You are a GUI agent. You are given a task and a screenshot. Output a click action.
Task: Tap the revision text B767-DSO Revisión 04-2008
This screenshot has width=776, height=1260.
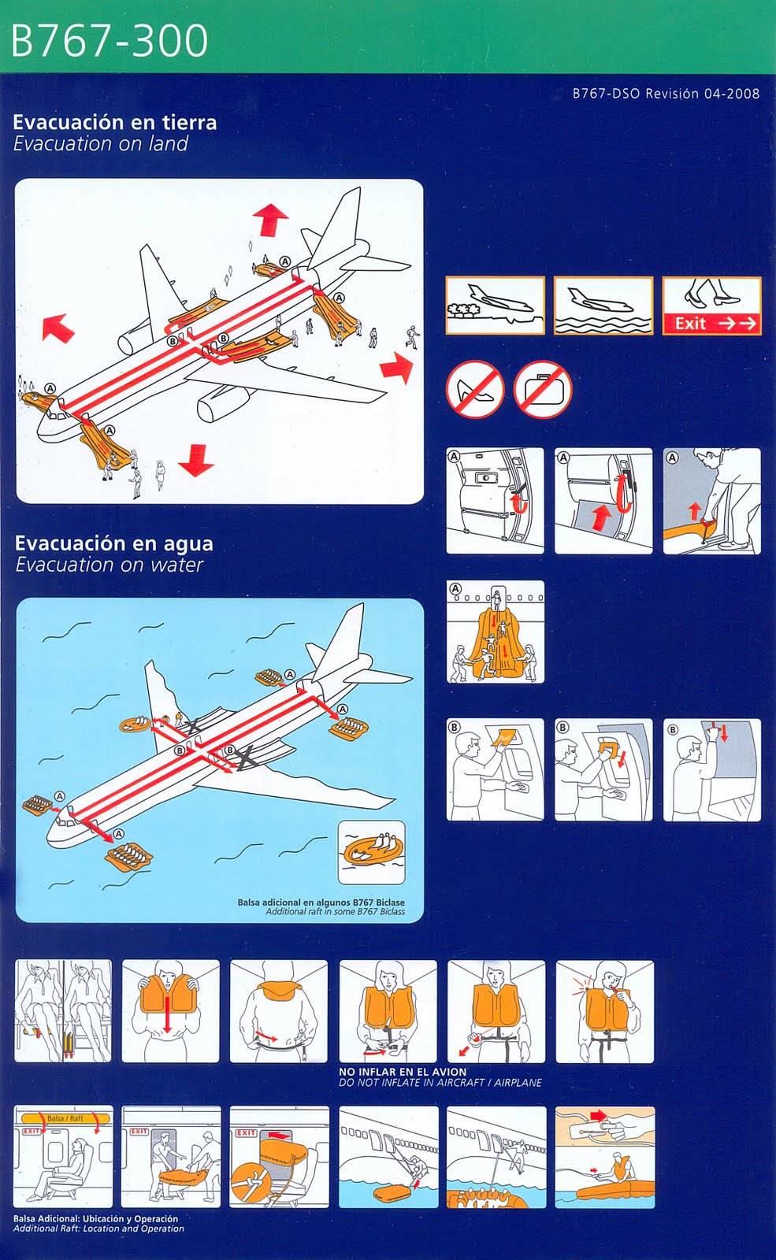click(x=666, y=94)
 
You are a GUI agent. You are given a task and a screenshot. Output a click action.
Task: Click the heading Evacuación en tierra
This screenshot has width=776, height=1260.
click(x=114, y=122)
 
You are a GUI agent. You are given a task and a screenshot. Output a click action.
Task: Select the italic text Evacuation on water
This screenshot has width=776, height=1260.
click(x=109, y=565)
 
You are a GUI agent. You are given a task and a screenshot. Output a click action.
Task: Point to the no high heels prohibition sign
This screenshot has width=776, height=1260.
click(x=474, y=389)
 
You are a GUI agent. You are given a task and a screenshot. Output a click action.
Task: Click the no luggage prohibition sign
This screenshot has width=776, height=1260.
click(x=543, y=389)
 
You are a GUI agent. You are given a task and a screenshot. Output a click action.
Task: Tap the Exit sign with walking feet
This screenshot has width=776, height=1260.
click(x=711, y=306)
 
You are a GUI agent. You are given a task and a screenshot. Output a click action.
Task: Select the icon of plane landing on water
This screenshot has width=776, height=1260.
click(x=603, y=306)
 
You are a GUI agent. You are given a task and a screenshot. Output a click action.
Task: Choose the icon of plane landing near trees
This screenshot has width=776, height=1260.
click(x=495, y=306)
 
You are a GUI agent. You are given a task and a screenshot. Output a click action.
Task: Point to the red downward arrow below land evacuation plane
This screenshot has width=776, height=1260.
click(x=195, y=460)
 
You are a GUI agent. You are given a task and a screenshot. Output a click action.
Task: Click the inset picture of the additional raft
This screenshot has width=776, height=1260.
click(x=371, y=852)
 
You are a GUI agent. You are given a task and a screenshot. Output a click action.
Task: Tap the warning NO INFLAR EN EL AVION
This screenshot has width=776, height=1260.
click(x=403, y=1072)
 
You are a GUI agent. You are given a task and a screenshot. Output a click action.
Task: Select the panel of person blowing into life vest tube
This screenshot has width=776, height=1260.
click(x=604, y=1011)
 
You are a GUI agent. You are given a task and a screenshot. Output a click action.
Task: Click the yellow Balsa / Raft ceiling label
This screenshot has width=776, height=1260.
click(x=65, y=1118)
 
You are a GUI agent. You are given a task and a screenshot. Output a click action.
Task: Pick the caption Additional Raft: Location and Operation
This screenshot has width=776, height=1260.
click(x=98, y=1228)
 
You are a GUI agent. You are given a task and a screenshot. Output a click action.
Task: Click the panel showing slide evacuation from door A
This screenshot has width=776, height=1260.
click(x=495, y=632)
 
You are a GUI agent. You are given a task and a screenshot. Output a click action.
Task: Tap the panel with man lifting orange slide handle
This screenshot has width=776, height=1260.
click(x=711, y=501)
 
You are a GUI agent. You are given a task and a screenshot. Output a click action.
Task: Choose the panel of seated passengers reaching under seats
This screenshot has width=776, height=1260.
click(x=63, y=1011)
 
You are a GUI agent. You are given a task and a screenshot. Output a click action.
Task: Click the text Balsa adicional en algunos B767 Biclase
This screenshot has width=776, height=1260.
click(x=321, y=902)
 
